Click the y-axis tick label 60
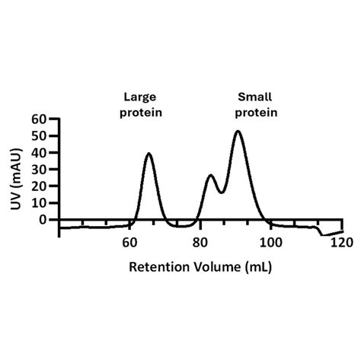tap(38, 119)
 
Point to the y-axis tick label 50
tap(38, 136)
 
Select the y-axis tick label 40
tap(38, 153)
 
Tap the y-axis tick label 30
tap(38, 170)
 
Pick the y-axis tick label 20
tap(38, 186)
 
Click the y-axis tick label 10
tap(38, 203)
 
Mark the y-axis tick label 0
tap(43, 219)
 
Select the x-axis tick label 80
tap(200, 244)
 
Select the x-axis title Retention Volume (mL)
tap(200, 267)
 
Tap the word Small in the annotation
tap(255, 97)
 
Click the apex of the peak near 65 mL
tap(149, 154)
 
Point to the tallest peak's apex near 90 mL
tap(238, 132)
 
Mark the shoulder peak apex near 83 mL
tap(211, 176)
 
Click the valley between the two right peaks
tap(221, 192)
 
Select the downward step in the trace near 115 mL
tap(320, 231)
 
